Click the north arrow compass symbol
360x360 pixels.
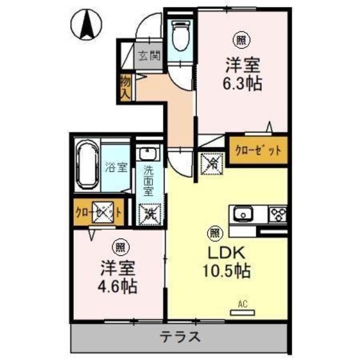tap(88, 25)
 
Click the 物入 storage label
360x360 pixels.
tap(124, 87)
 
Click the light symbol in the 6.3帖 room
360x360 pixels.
tap(241, 40)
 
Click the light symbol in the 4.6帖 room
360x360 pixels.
tap(120, 247)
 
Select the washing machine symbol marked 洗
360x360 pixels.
tap(150, 213)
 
